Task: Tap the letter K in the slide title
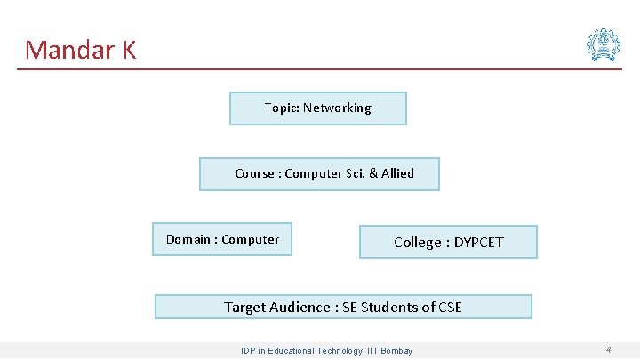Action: point(129,50)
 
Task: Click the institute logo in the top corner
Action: point(603,44)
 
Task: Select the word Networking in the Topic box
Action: point(337,108)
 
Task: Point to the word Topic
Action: point(281,108)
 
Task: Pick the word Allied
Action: point(397,173)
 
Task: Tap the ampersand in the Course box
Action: point(371,173)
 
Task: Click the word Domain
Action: point(188,239)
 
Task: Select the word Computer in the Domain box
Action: point(250,239)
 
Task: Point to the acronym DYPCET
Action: point(478,242)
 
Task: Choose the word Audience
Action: point(300,307)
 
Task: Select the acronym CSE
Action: point(449,307)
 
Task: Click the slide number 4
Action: point(608,349)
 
